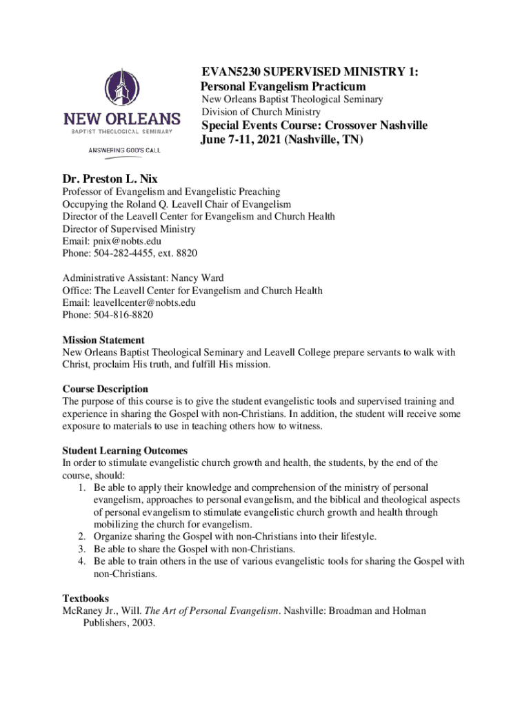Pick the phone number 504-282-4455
(x=132, y=254)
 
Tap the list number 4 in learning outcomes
(x=81, y=561)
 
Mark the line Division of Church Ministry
(x=261, y=112)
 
